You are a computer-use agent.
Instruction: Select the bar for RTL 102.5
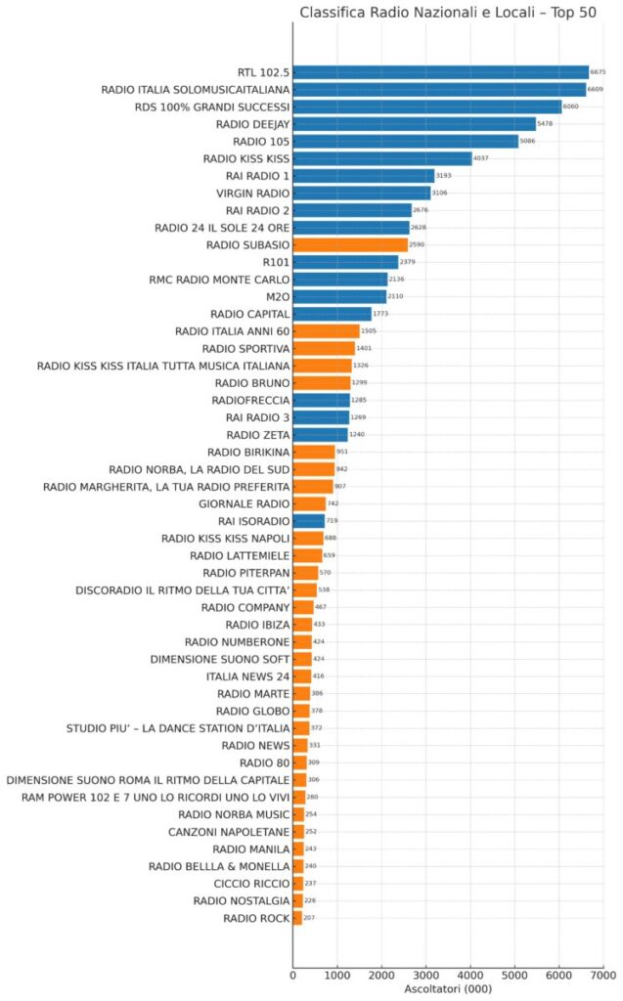(440, 72)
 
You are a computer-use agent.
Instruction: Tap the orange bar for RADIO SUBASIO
(350, 245)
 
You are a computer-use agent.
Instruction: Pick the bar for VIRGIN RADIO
(361, 194)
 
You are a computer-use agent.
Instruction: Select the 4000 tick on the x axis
(470, 975)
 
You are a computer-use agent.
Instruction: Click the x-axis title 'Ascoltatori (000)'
(448, 990)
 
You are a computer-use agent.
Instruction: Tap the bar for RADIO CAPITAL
(332, 314)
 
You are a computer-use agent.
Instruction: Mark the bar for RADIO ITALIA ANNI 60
(326, 331)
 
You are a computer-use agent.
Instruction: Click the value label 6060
(571, 107)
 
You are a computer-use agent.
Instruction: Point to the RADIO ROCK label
(256, 918)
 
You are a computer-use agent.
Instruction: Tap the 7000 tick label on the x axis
(603, 975)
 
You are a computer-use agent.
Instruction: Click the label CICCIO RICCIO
(251, 883)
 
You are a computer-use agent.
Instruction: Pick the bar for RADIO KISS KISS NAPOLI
(308, 538)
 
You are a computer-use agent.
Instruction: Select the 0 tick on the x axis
(292, 975)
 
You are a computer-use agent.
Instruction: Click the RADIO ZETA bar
(320, 434)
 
